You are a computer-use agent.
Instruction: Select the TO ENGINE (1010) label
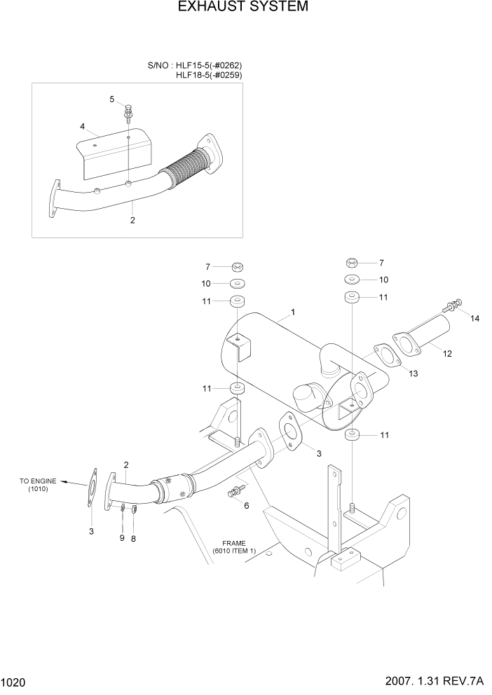pyautogui.click(x=34, y=485)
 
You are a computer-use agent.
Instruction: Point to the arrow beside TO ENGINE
pyautogui.click(x=69, y=481)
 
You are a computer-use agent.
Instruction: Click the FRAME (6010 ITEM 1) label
pyautogui.click(x=235, y=547)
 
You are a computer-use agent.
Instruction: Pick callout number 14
pyautogui.click(x=474, y=319)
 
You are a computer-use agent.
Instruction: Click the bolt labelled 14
pyautogui.click(x=451, y=305)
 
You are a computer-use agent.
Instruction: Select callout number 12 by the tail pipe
pyautogui.click(x=446, y=355)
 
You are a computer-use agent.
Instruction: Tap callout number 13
pyautogui.click(x=413, y=373)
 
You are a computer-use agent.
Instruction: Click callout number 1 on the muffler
pyautogui.click(x=293, y=312)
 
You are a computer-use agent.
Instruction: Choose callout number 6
pyautogui.click(x=246, y=505)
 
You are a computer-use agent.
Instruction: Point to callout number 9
pyautogui.click(x=121, y=537)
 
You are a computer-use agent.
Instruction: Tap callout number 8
pyautogui.click(x=134, y=537)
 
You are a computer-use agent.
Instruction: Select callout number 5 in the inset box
pyautogui.click(x=111, y=99)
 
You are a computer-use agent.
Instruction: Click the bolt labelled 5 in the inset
pyautogui.click(x=128, y=111)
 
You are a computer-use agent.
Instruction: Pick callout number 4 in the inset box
pyautogui.click(x=82, y=126)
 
